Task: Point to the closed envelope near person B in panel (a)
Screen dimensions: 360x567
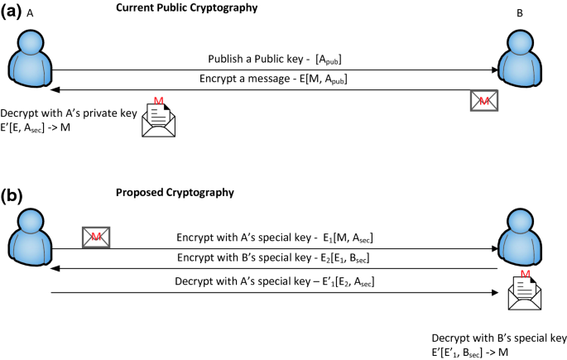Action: tap(484, 100)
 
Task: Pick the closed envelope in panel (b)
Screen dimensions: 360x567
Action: tap(96, 238)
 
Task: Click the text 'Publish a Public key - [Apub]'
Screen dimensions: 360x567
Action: tap(276, 60)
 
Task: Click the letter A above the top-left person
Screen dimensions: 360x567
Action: tap(31, 13)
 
